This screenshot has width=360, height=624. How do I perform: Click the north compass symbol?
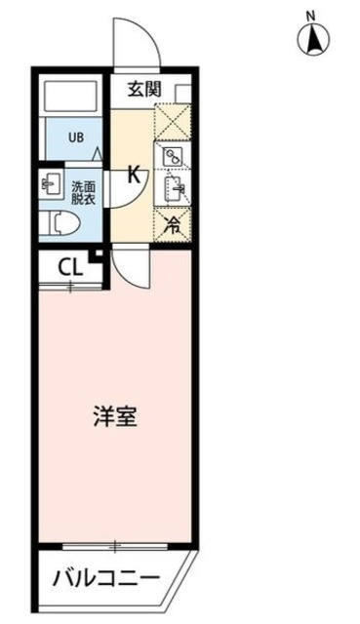click(314, 39)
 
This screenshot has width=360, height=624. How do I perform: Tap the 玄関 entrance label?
click(143, 91)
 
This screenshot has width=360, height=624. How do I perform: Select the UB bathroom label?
click(75, 136)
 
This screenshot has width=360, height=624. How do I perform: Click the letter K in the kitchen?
click(135, 175)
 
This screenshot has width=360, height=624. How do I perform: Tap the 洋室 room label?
click(114, 418)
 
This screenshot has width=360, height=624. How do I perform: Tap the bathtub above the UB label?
click(70, 97)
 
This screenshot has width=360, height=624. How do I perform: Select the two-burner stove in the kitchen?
click(173, 156)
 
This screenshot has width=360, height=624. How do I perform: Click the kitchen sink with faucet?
click(173, 186)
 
